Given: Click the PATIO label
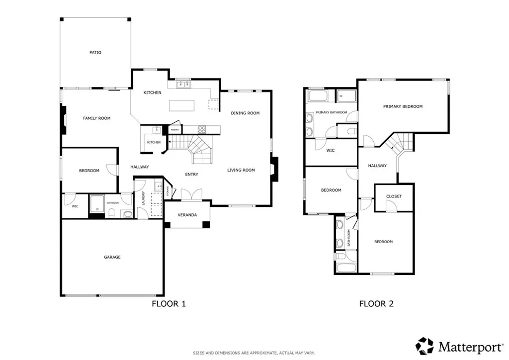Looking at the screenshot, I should [95, 52].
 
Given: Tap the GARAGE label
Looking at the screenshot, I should [112, 257].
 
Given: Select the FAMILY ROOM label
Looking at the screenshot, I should [96, 118].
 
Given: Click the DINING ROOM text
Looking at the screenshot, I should [245, 113].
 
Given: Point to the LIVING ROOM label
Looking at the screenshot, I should [241, 171].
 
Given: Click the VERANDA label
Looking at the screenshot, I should [187, 215].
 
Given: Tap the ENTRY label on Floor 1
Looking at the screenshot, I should [191, 175].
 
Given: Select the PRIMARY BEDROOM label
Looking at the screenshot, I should [403, 106].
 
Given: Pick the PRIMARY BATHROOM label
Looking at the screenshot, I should [331, 112].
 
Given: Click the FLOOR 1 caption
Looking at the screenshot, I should [169, 303].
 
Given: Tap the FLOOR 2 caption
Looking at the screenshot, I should [376, 303].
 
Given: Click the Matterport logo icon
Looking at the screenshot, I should [425, 345].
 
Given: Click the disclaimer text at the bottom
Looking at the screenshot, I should [254, 353].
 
